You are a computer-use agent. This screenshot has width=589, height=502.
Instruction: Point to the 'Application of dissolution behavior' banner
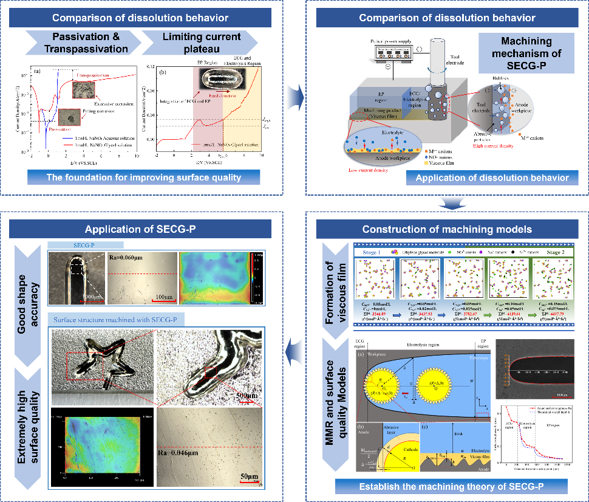point(492,177)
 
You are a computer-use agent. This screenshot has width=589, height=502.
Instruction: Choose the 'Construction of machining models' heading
point(447,229)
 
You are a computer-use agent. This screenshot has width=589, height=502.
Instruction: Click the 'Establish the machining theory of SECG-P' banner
point(451,486)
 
